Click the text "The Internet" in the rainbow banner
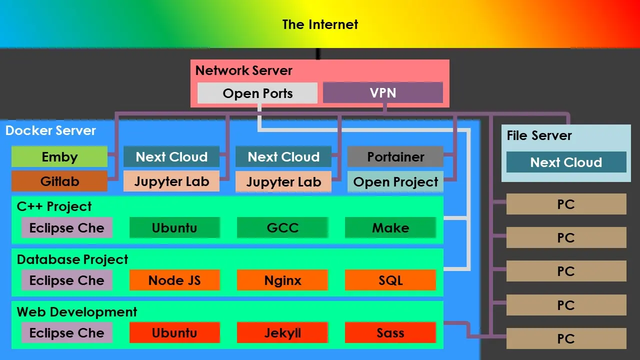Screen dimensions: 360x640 [x=320, y=24]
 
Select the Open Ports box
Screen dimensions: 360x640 [x=257, y=93]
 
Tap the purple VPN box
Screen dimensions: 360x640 [x=383, y=93]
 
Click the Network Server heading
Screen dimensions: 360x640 [x=244, y=70]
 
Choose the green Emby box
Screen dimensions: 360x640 [x=59, y=157]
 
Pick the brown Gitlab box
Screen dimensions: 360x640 [x=59, y=181]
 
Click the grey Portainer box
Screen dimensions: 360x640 [x=395, y=157]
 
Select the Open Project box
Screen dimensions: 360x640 [x=395, y=182]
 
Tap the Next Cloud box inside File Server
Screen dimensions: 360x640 [x=566, y=162]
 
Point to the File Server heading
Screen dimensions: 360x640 [x=539, y=135]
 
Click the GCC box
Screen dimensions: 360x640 [x=282, y=228]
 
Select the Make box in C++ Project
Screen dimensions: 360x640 [x=390, y=228]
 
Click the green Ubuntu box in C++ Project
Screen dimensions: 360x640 [x=174, y=228]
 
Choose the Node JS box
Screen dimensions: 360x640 [x=174, y=280]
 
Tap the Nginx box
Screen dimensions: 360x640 [x=282, y=280]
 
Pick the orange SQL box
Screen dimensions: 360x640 [x=390, y=280]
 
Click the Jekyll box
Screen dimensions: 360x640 [x=282, y=333]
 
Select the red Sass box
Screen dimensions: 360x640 [x=390, y=333]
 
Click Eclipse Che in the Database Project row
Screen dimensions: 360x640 [x=66, y=280]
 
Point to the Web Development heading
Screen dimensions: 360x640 [x=77, y=312]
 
